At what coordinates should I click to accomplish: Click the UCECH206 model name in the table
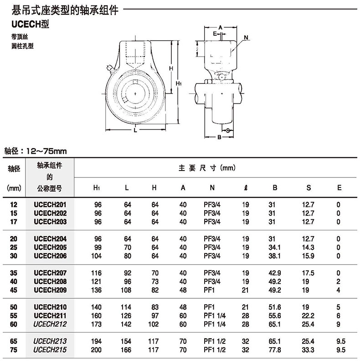click(x=50, y=256)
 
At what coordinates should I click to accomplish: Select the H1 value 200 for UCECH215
click(x=96, y=350)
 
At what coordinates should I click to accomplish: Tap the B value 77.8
click(x=275, y=350)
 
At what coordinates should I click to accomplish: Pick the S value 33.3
click(x=308, y=350)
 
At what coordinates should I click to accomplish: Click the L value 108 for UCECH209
click(x=126, y=290)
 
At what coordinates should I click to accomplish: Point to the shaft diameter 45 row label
click(x=14, y=290)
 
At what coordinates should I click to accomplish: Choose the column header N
click(x=212, y=187)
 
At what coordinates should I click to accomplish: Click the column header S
click(x=309, y=187)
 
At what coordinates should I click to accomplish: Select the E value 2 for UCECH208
click(x=338, y=281)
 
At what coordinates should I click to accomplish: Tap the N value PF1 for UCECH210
click(x=209, y=307)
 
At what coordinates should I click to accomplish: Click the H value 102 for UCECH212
click(x=154, y=324)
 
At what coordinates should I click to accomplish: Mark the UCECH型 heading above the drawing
click(x=31, y=24)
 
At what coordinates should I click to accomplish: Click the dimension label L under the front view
click(x=135, y=130)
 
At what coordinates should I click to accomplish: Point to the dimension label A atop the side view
click(x=220, y=27)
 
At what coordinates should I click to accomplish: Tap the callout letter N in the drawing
click(x=246, y=37)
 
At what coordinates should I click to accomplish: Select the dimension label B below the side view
click(x=220, y=137)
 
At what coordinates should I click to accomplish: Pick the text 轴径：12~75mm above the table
click(x=36, y=151)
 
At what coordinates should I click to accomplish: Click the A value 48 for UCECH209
click(x=183, y=290)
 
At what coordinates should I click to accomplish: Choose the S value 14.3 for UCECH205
click(x=308, y=247)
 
